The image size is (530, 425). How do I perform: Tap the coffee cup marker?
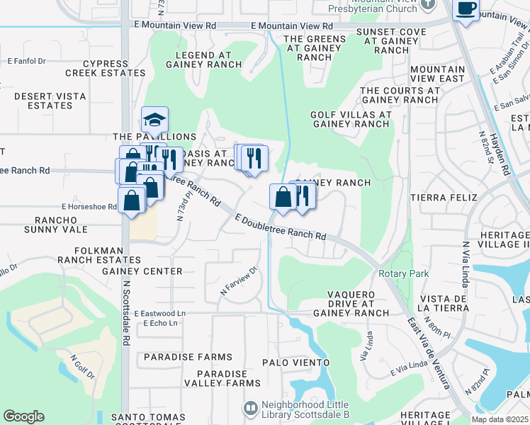point(466,9)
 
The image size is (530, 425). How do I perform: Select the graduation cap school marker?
point(154,118)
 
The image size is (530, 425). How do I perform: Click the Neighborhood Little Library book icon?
point(249,408)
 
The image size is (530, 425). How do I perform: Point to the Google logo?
point(23,416)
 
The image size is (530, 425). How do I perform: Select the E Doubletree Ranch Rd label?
point(281,227)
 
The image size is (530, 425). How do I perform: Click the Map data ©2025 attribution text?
point(500,419)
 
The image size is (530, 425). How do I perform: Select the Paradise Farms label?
point(188,357)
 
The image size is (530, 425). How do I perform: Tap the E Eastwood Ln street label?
point(164,312)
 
